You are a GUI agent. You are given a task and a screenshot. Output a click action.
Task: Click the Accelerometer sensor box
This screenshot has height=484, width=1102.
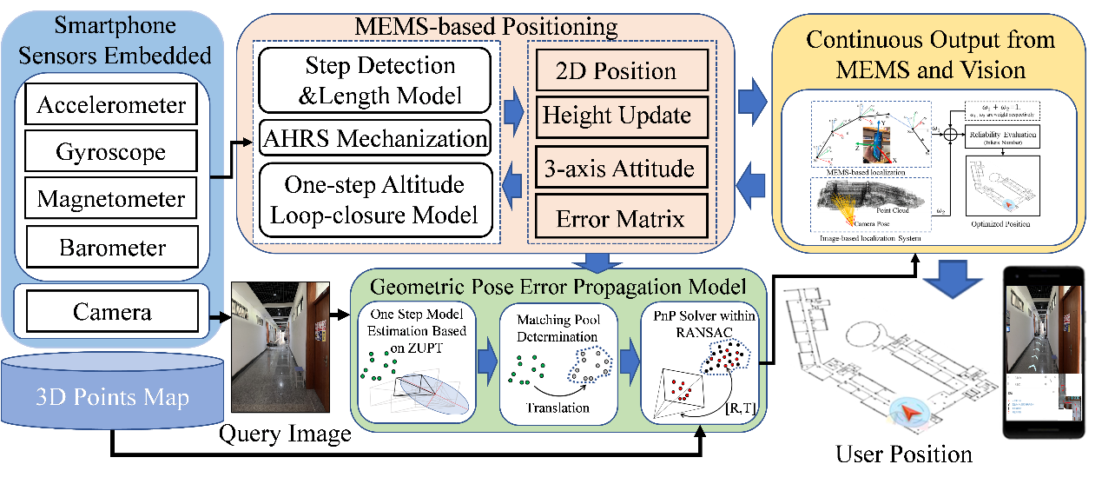coord(111,106)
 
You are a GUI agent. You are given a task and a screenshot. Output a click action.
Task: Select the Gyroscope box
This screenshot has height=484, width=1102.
coord(111,152)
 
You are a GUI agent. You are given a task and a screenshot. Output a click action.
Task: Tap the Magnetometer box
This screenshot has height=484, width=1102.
coord(111,199)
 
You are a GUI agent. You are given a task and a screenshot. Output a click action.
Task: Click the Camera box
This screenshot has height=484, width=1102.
coord(111,312)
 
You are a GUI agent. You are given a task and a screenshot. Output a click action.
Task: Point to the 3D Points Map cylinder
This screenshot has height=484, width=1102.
coord(112,398)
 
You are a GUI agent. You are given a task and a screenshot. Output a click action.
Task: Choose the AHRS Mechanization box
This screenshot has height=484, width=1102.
coord(374,138)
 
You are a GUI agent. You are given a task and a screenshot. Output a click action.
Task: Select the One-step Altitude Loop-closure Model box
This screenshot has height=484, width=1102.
coord(374,199)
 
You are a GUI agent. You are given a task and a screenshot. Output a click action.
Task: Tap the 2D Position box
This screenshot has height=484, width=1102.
coord(616,72)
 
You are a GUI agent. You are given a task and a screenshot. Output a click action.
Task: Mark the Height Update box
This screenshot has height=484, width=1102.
coord(616,116)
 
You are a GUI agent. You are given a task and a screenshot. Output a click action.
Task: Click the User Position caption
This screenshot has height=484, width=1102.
coord(903,453)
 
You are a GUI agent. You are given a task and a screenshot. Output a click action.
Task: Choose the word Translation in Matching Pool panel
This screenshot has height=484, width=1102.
coord(558,407)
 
